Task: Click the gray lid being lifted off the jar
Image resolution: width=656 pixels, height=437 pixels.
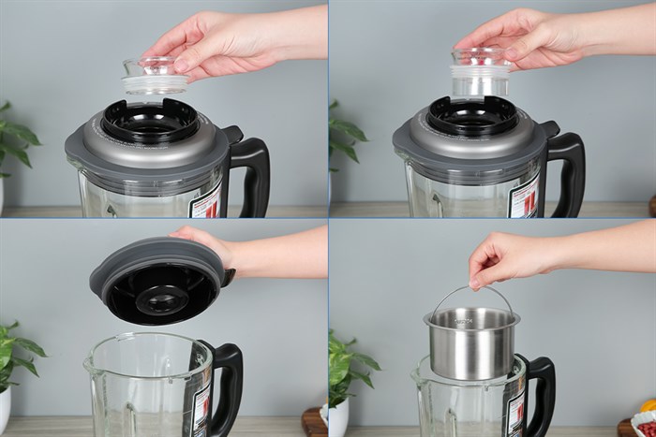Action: (x=157, y=280)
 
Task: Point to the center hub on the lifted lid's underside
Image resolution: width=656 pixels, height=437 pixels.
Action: (x=162, y=299)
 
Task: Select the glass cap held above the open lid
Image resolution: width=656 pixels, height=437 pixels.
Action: (x=154, y=76)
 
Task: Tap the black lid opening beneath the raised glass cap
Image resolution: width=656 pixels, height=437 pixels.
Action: (x=150, y=121)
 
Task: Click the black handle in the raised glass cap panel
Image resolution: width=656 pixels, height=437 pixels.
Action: (x=250, y=173)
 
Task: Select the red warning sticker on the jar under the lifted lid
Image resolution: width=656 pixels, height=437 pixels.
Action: (x=200, y=412)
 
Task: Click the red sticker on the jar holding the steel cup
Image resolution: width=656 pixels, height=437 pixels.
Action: (x=514, y=412)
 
